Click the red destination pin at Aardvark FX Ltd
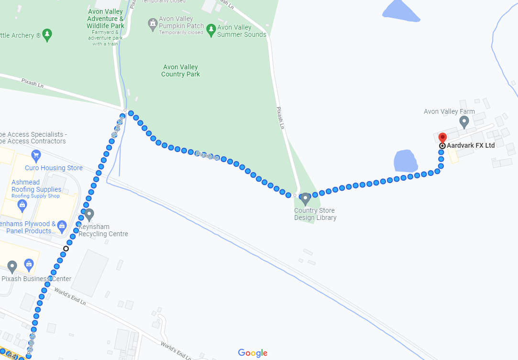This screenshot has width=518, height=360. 442,137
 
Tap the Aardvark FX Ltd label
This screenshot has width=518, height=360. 471,145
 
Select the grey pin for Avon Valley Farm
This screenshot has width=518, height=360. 463,122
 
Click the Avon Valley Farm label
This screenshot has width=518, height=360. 449,111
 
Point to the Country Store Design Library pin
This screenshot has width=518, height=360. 305,199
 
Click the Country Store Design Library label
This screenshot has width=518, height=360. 315,214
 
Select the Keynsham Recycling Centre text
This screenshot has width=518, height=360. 103,230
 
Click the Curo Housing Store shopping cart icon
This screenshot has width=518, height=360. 35,155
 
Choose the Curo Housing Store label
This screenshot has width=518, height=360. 54,168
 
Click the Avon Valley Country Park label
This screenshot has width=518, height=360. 180,71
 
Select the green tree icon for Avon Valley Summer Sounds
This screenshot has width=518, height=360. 211,30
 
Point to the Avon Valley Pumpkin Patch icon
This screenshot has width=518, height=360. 153,23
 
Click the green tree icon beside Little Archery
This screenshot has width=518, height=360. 47,34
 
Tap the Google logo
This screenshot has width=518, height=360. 253,353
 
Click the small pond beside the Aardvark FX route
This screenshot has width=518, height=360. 406,161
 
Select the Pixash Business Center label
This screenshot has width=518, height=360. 36,279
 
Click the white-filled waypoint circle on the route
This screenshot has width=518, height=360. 66,248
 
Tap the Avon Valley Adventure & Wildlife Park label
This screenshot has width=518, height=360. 105,19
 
